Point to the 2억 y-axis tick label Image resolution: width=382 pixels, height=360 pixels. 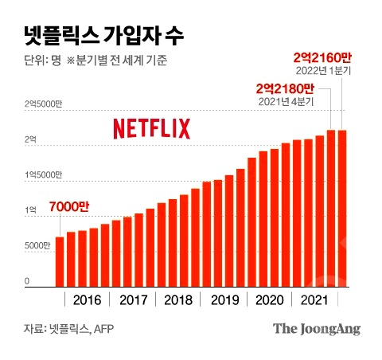click(30, 139)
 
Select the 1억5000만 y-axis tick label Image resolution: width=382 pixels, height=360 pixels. click(43, 174)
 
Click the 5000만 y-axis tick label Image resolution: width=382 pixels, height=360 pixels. click(37, 245)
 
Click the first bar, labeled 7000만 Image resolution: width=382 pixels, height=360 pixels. click(59, 261)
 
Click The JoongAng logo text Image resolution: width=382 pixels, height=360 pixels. click(317, 328)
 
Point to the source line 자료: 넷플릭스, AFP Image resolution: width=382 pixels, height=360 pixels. click(71, 328)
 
